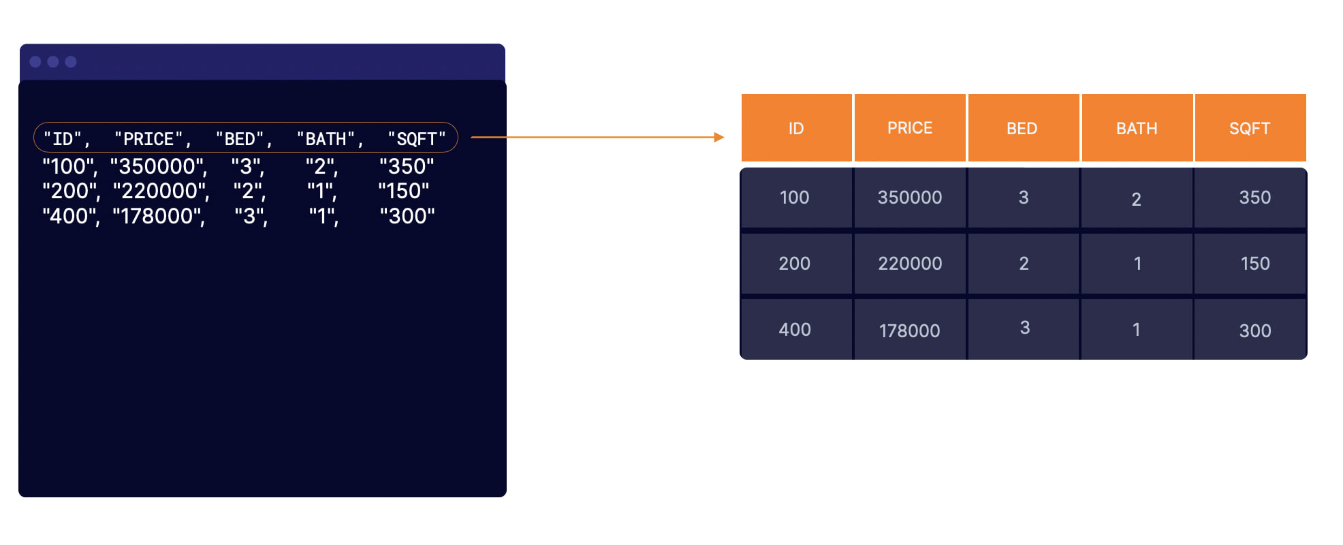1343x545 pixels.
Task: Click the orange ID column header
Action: pos(796,128)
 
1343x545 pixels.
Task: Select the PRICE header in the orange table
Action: pos(910,128)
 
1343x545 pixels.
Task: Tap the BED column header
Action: pos(1023,128)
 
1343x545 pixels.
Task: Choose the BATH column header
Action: pos(1137,128)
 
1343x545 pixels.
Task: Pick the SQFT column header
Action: pos(1250,128)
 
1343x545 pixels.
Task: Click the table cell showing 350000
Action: pos(910,198)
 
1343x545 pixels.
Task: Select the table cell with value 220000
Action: pos(910,264)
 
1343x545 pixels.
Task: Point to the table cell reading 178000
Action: pos(910,330)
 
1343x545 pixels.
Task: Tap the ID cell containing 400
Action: pos(795,330)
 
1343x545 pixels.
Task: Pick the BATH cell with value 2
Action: pos(1137,198)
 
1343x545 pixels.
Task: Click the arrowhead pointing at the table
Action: pos(719,137)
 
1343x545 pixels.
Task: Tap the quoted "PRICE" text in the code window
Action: pos(153,139)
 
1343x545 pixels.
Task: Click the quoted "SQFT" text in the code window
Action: pos(417,139)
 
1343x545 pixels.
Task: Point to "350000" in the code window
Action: pos(159,166)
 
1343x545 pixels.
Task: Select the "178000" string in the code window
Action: pos(159,217)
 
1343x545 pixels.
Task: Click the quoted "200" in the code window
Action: pos(71,191)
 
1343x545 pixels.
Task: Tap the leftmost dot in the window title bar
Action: pos(35,62)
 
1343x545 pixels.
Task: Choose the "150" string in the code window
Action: pos(404,191)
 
